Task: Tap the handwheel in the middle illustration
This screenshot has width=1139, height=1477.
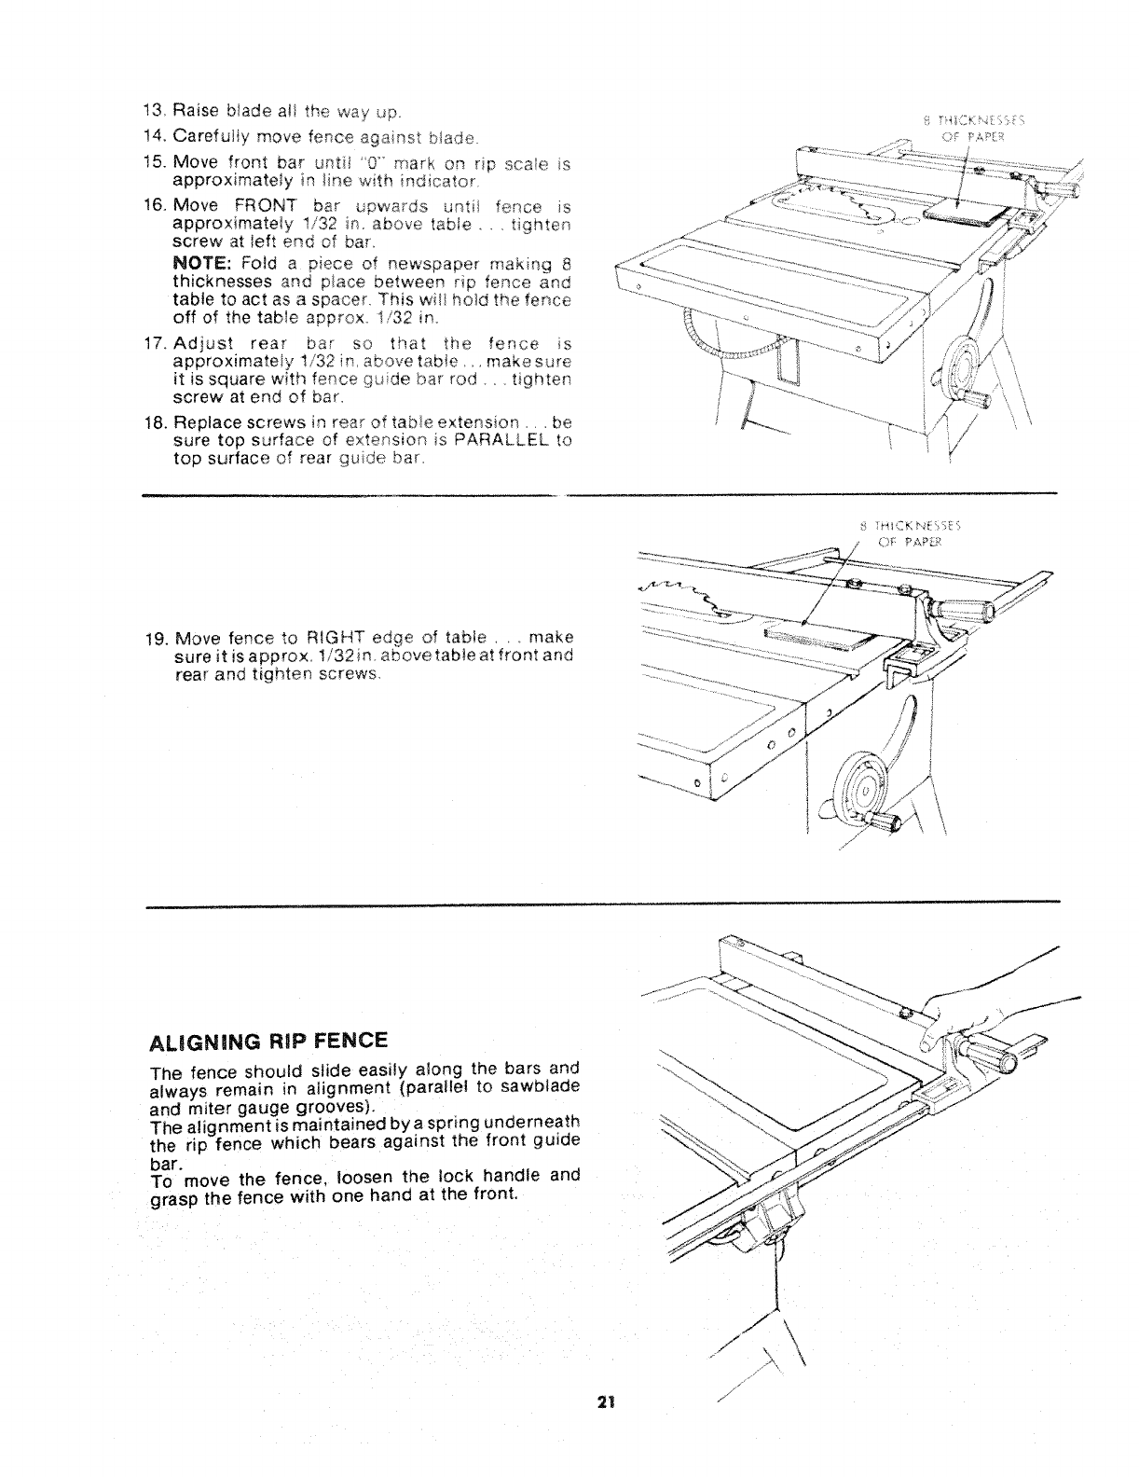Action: coord(863,782)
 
